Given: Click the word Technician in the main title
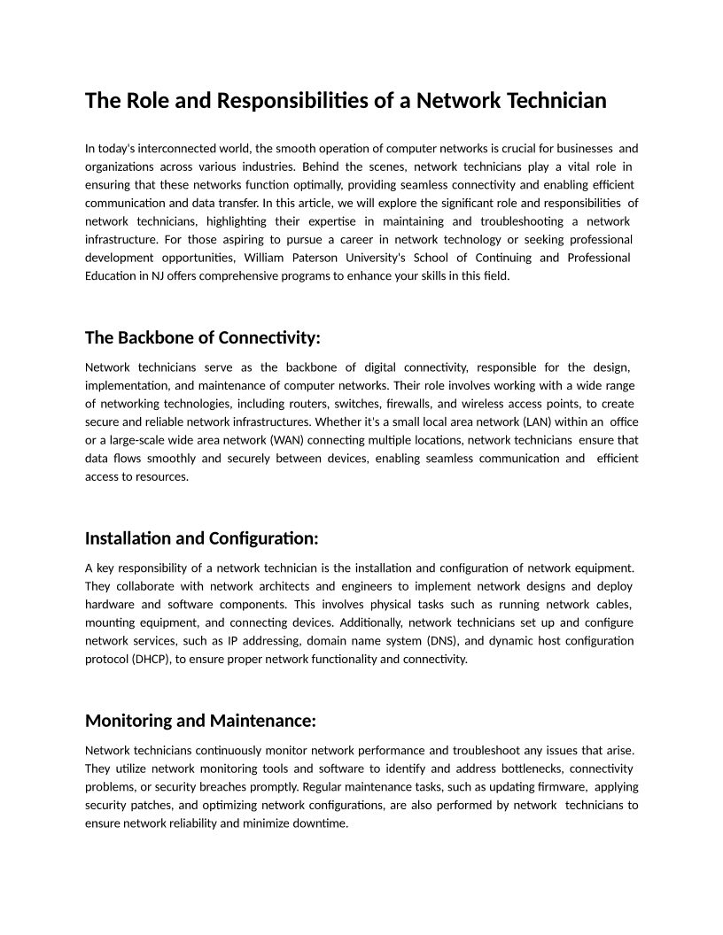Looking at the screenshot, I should point(556,101).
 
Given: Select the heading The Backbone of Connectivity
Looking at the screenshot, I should point(202,337).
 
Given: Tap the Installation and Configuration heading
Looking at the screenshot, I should point(201,538).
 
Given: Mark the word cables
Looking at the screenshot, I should point(611,604).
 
